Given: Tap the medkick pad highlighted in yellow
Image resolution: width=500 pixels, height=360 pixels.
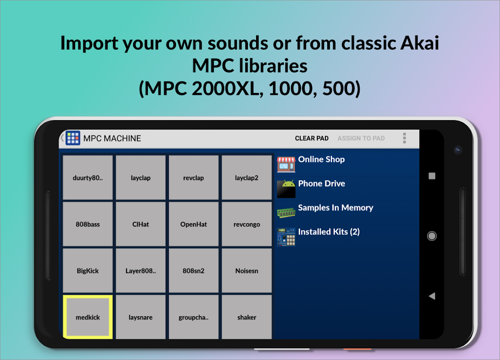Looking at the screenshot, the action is [x=88, y=317].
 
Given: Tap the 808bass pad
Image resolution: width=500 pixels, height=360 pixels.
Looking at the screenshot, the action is [x=88, y=224].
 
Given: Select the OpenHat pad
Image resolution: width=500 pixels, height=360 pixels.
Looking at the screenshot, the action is [x=194, y=224].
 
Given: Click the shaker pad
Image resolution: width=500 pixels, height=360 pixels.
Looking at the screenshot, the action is [x=247, y=317].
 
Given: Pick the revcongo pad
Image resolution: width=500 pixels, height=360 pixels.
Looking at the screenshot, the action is [x=247, y=224].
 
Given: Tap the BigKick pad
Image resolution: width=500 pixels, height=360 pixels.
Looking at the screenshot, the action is [x=88, y=270].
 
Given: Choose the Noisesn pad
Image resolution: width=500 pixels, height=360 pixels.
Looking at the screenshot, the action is [x=247, y=270].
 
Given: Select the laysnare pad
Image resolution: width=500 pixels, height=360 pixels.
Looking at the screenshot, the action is [x=140, y=317].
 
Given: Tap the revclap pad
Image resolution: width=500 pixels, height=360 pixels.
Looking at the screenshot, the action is [x=194, y=177].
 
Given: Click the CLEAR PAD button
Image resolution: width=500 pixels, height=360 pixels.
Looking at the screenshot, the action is [x=311, y=139].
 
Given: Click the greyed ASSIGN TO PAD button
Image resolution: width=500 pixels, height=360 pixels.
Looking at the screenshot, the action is [x=361, y=139].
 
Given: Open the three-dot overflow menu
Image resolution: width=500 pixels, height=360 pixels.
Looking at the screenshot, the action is [x=404, y=138].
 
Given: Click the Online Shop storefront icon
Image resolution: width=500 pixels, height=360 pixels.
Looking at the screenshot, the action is [x=286, y=164].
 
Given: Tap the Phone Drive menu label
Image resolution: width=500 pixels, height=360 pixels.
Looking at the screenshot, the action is [x=321, y=183].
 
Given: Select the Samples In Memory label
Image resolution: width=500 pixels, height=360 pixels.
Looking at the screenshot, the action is [x=335, y=207].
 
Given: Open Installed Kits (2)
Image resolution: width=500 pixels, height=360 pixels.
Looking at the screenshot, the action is [x=329, y=232].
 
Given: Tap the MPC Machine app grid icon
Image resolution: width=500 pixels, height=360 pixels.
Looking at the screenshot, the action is [x=73, y=138].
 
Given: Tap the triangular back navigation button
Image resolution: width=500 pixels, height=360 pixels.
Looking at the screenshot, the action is [x=432, y=296].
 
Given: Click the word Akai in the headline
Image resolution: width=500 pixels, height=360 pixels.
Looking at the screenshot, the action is [x=419, y=43].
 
